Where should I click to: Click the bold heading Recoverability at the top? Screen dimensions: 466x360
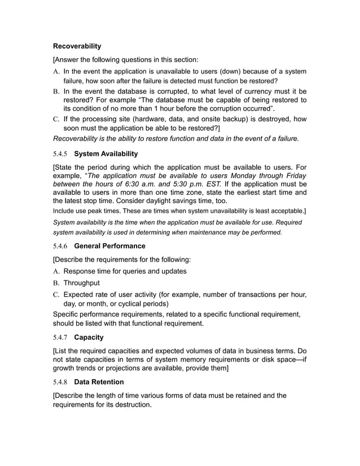click(77, 46)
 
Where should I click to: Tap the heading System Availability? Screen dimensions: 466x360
click(106, 153)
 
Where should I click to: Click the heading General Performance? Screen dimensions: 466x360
click(109, 246)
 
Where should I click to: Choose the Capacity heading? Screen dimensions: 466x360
click(89, 337)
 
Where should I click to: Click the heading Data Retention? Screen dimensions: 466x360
click(99, 382)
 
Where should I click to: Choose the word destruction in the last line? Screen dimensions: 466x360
click(129, 405)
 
